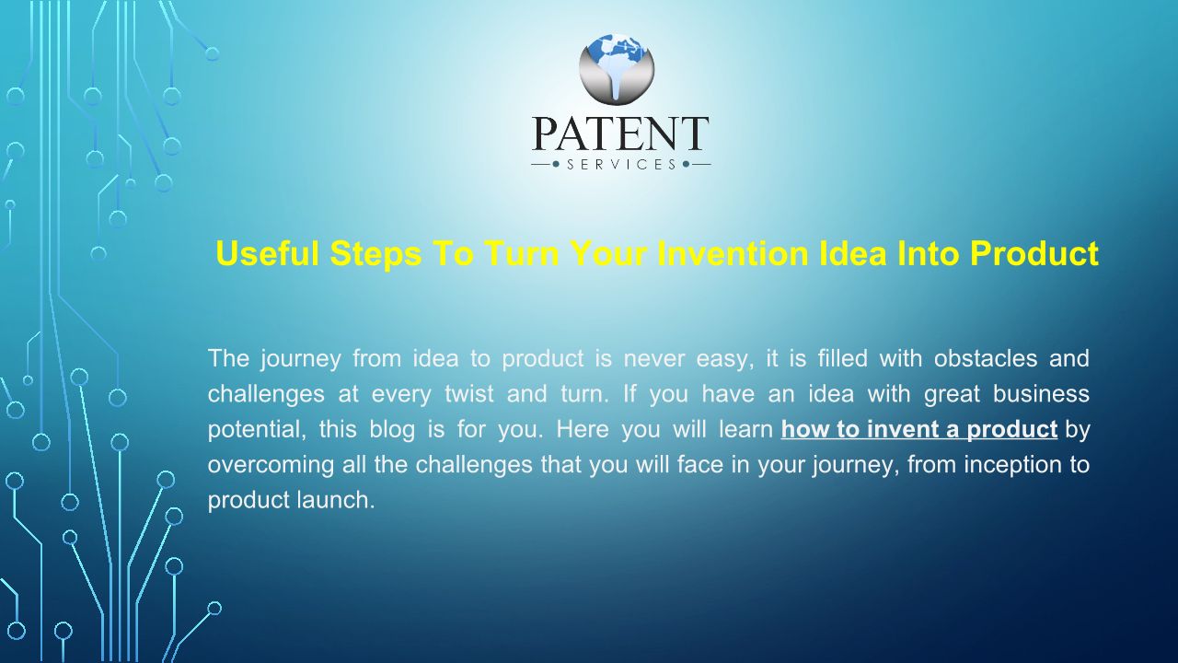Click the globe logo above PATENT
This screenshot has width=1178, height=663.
(x=617, y=68)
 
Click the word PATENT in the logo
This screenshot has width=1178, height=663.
(x=620, y=134)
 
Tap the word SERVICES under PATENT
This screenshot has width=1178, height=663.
(x=621, y=165)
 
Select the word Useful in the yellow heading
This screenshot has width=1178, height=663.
(x=267, y=253)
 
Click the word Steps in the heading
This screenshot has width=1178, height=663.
(x=376, y=254)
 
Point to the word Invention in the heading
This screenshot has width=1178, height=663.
(x=733, y=253)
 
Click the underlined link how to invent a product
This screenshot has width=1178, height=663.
(x=919, y=429)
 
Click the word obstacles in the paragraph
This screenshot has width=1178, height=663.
(x=986, y=358)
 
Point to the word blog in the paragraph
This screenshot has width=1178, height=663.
(x=392, y=430)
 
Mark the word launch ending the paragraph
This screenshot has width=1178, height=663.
(x=336, y=500)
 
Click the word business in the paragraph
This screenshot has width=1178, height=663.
(x=1041, y=393)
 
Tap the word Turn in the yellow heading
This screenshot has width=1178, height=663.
(x=522, y=253)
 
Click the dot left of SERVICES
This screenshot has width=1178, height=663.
(x=556, y=165)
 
